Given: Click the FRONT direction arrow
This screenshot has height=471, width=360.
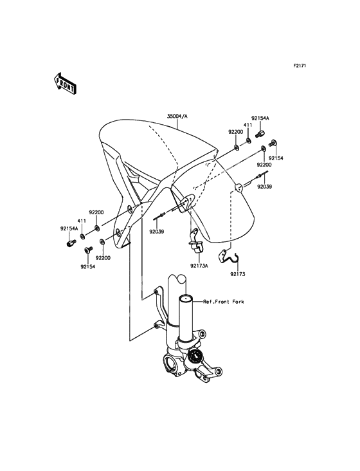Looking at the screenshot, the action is click(65, 84).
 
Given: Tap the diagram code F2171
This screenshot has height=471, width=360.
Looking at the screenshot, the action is click(300, 66).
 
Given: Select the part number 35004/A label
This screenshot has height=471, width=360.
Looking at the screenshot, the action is click(177, 116).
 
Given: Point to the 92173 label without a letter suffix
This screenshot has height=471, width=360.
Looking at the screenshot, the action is click(238, 274).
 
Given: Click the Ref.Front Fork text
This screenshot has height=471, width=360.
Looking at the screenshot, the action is click(224, 302).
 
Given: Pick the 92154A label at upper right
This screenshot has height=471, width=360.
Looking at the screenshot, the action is click(260, 118).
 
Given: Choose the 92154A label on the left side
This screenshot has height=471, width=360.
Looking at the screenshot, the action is click(69, 228).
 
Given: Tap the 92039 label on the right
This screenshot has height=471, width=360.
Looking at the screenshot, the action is click(264, 187).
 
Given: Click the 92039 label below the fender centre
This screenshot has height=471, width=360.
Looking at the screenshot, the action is click(157, 232).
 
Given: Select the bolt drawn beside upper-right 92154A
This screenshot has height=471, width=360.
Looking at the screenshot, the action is click(260, 134).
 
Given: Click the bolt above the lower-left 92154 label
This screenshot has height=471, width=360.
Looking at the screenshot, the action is click(89, 250).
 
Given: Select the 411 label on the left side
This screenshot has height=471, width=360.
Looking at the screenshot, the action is click(82, 221).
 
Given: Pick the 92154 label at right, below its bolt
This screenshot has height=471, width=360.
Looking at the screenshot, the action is click(276, 158).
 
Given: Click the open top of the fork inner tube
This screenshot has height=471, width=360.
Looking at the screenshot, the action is click(186, 299).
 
